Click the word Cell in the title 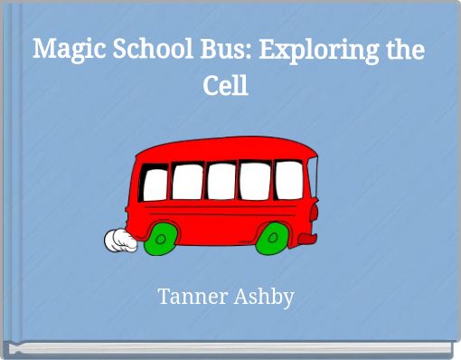225,87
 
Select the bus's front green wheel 270,239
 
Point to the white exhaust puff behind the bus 118,242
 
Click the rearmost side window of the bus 156,183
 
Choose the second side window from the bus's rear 188,182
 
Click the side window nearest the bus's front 287,178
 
